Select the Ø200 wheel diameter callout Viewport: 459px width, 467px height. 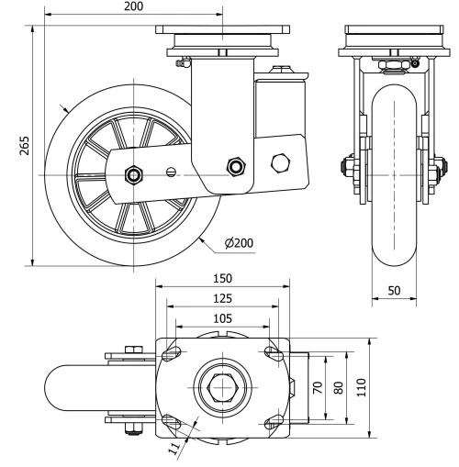click(240, 242)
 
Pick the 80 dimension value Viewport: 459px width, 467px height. click(339, 387)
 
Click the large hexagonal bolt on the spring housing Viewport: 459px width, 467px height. click(281, 163)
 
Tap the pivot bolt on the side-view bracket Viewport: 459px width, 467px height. click(238, 166)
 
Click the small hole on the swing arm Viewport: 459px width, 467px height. click(170, 171)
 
